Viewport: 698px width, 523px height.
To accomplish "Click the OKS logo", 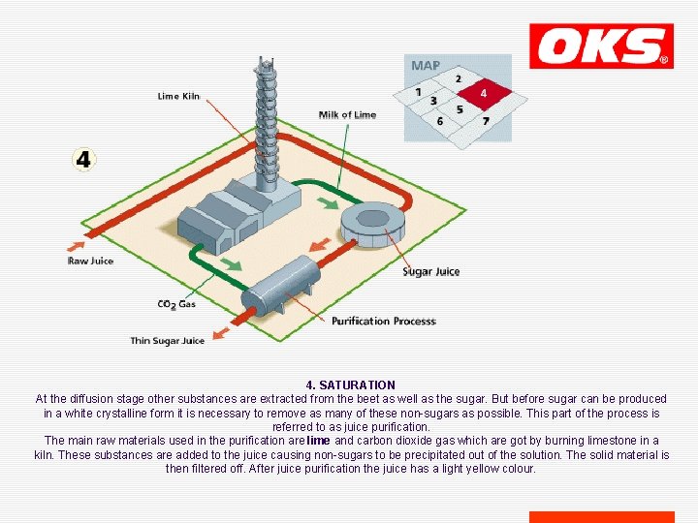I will (601, 46).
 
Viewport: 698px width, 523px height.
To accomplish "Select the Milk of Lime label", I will (347, 114).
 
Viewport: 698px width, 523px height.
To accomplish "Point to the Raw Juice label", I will (90, 261).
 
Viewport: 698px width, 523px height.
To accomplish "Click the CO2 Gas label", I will (175, 304).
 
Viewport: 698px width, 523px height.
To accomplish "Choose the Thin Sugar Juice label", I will (168, 340).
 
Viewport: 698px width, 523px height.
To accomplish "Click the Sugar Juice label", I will (431, 271).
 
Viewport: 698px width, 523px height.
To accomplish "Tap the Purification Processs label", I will (384, 321).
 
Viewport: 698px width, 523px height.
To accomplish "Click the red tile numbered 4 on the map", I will (483, 93).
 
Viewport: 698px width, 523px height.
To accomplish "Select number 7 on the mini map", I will (486, 121).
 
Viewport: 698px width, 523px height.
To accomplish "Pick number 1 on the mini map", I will (418, 92).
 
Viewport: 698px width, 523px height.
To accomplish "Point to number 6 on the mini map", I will (440, 121).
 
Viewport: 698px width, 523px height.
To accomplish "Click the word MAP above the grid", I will (426, 66).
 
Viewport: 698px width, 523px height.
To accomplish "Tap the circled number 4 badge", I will (83, 159).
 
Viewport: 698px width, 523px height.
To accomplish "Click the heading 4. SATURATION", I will (350, 385).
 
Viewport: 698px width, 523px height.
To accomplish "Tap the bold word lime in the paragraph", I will (319, 441).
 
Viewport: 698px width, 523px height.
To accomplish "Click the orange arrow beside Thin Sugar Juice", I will (221, 333).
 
